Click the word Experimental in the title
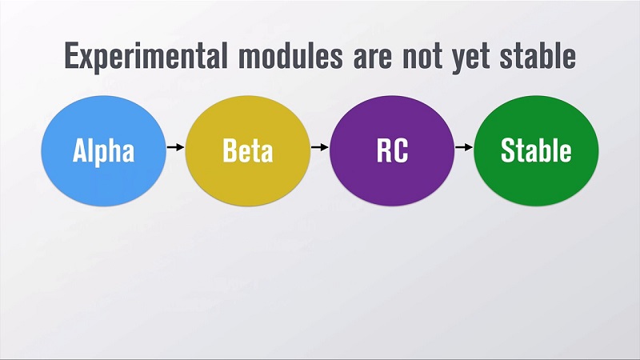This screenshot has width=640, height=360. (x=146, y=57)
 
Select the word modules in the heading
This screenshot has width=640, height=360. (x=290, y=55)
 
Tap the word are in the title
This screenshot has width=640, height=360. (x=373, y=58)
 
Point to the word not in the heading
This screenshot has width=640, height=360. (x=422, y=58)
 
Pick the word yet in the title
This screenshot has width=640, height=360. (x=470, y=59)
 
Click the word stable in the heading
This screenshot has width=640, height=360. (x=538, y=55)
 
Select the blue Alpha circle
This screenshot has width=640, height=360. (x=104, y=150)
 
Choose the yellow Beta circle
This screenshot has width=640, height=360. (x=248, y=150)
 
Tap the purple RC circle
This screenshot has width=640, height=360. (x=392, y=150)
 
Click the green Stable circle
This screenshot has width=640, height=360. (x=536, y=150)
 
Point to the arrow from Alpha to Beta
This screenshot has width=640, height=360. (x=175, y=147)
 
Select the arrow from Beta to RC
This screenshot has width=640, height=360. (x=319, y=147)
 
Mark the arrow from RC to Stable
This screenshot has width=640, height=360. (x=464, y=147)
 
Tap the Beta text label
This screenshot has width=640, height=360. (x=248, y=150)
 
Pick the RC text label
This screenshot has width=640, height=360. (x=392, y=150)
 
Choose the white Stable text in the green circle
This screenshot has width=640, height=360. (x=536, y=150)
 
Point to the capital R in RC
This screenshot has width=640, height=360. (x=383, y=150)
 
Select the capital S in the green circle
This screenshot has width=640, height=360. (x=507, y=150)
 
